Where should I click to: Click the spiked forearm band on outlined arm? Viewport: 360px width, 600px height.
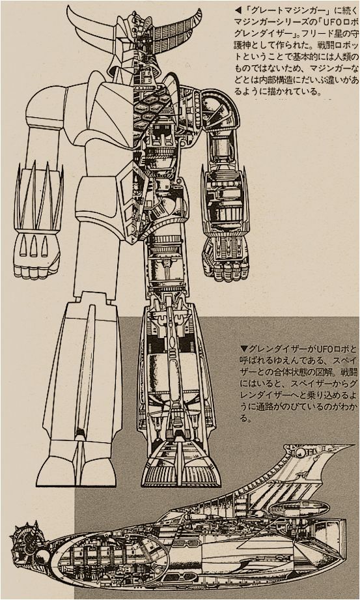(x=39, y=199)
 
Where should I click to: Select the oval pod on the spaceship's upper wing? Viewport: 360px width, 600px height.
(x=299, y=507)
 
